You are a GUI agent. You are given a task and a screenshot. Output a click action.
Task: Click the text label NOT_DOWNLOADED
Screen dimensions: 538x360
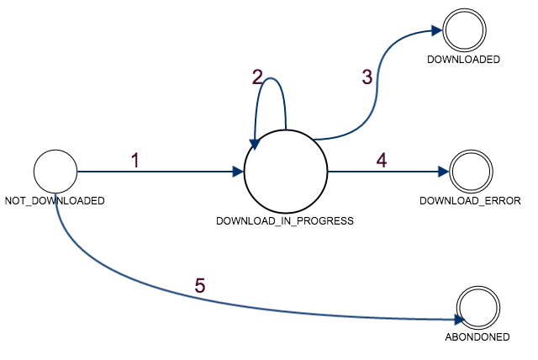[x=55, y=201]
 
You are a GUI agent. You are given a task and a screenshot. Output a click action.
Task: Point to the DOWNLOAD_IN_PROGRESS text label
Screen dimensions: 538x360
[x=285, y=220]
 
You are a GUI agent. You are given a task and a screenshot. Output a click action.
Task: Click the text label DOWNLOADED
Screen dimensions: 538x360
[x=463, y=60]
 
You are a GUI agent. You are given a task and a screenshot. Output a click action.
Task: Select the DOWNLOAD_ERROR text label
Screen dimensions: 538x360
[x=471, y=201]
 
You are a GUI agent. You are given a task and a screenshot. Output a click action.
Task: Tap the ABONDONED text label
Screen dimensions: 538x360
[x=477, y=337]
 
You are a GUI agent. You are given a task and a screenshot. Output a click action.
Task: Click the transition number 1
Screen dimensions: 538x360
[x=135, y=161]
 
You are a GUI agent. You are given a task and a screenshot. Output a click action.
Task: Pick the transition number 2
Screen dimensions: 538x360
[x=257, y=77]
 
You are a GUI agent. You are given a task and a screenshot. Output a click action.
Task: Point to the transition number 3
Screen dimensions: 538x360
[x=367, y=77]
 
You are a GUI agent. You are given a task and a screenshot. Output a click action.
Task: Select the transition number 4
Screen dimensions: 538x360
[x=382, y=161]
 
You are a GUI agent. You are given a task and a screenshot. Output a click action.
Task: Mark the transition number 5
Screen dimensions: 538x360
[x=200, y=285]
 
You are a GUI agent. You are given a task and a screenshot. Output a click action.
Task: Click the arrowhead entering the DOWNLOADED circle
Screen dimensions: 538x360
[x=437, y=31]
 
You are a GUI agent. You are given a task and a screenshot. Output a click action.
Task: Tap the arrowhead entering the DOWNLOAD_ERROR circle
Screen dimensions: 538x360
[x=444, y=172]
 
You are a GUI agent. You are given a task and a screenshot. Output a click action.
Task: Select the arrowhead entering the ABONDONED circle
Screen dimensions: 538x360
[x=460, y=320]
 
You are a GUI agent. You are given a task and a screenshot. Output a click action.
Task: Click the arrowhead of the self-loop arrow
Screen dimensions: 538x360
[x=255, y=145]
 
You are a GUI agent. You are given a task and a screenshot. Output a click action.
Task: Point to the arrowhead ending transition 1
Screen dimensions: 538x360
[x=238, y=172]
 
